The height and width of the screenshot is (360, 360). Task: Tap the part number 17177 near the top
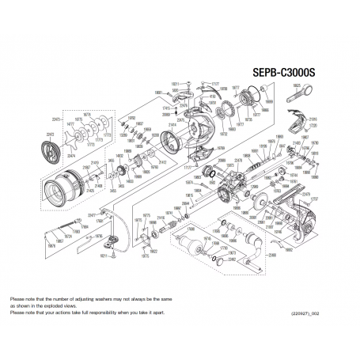tap(214, 81)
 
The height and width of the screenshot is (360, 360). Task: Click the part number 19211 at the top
tap(175, 81)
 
